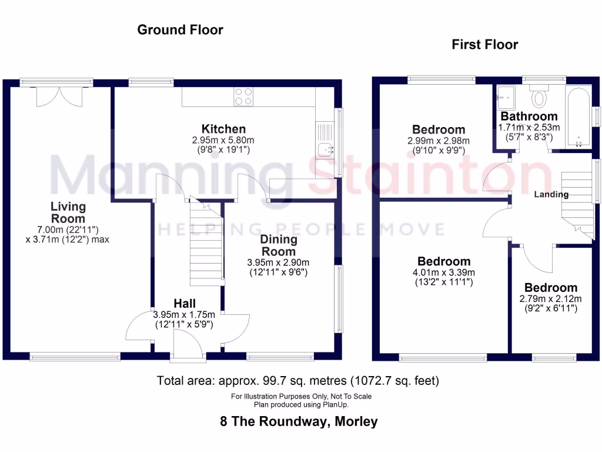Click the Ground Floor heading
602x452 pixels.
click(180, 29)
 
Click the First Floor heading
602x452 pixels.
click(484, 44)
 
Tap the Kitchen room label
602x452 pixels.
click(223, 129)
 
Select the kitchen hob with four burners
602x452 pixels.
click(243, 96)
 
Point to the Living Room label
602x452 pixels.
click(68, 212)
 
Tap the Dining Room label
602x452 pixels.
click(279, 245)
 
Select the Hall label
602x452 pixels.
click(185, 304)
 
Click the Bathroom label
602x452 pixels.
click(529, 117)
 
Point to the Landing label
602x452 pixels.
click(551, 194)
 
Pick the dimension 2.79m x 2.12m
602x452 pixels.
click(550, 298)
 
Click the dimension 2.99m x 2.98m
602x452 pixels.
click(439, 141)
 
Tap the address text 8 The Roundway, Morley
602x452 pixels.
click(299, 421)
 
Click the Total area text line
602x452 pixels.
click(298, 381)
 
